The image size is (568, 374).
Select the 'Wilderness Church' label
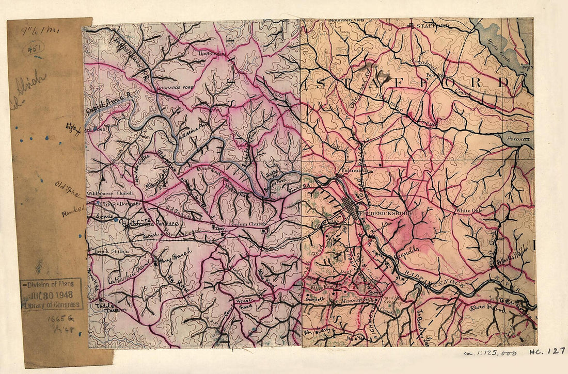pos(106,194)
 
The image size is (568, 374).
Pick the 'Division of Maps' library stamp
pos(51,294)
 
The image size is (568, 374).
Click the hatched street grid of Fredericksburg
pos(352,207)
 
